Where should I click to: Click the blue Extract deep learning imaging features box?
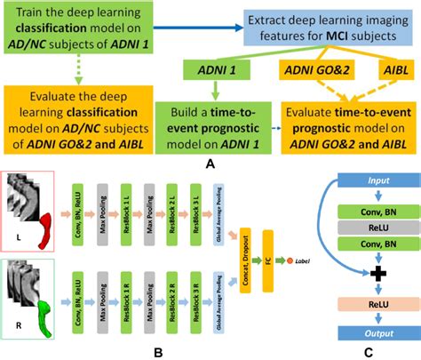(x=306, y=25)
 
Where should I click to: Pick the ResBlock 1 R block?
(x=128, y=294)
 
